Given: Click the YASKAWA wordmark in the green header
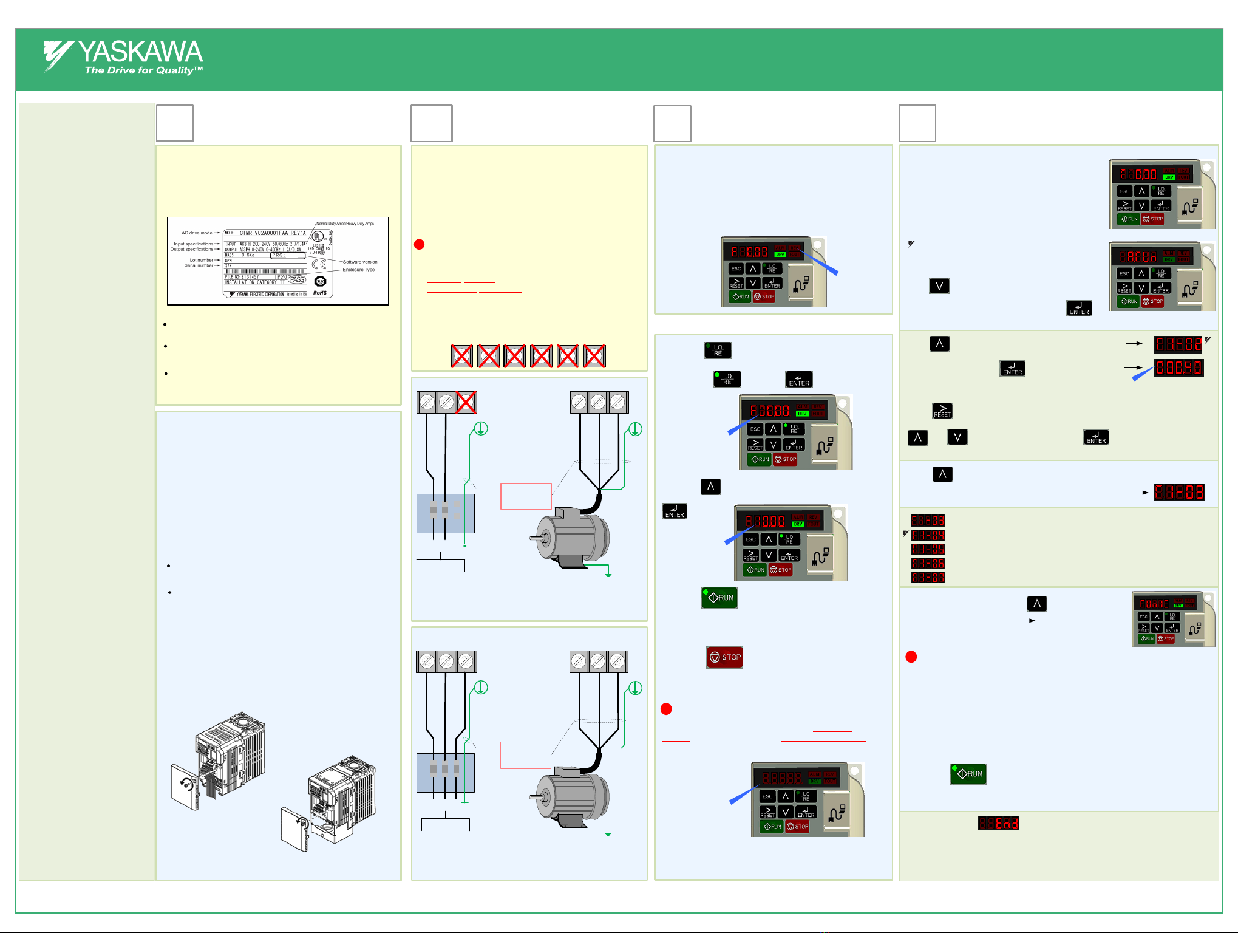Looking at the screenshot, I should [140, 52].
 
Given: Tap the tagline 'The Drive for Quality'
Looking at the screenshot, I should [143, 70].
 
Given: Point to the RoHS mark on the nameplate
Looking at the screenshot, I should [320, 293].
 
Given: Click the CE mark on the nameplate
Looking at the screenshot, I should [319, 264].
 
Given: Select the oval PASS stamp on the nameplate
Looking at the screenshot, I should [297, 279].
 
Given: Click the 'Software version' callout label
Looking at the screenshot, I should [360, 262].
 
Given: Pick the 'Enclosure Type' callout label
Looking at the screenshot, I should [359, 270].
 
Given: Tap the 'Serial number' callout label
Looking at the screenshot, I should [199, 265].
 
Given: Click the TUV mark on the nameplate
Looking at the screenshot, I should [320, 281].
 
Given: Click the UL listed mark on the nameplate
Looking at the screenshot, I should [318, 237].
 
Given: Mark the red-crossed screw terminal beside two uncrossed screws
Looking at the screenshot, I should [466, 402].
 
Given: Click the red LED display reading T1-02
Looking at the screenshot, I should [1178, 345].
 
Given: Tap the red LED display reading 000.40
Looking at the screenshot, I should [1178, 367].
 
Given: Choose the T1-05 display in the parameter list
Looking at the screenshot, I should [928, 549].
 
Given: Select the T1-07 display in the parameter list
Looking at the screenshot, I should [928, 578].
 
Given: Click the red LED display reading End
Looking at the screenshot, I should [998, 823].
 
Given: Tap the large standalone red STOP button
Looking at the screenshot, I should [724, 657].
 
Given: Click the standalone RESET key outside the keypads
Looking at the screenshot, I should [942, 411].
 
